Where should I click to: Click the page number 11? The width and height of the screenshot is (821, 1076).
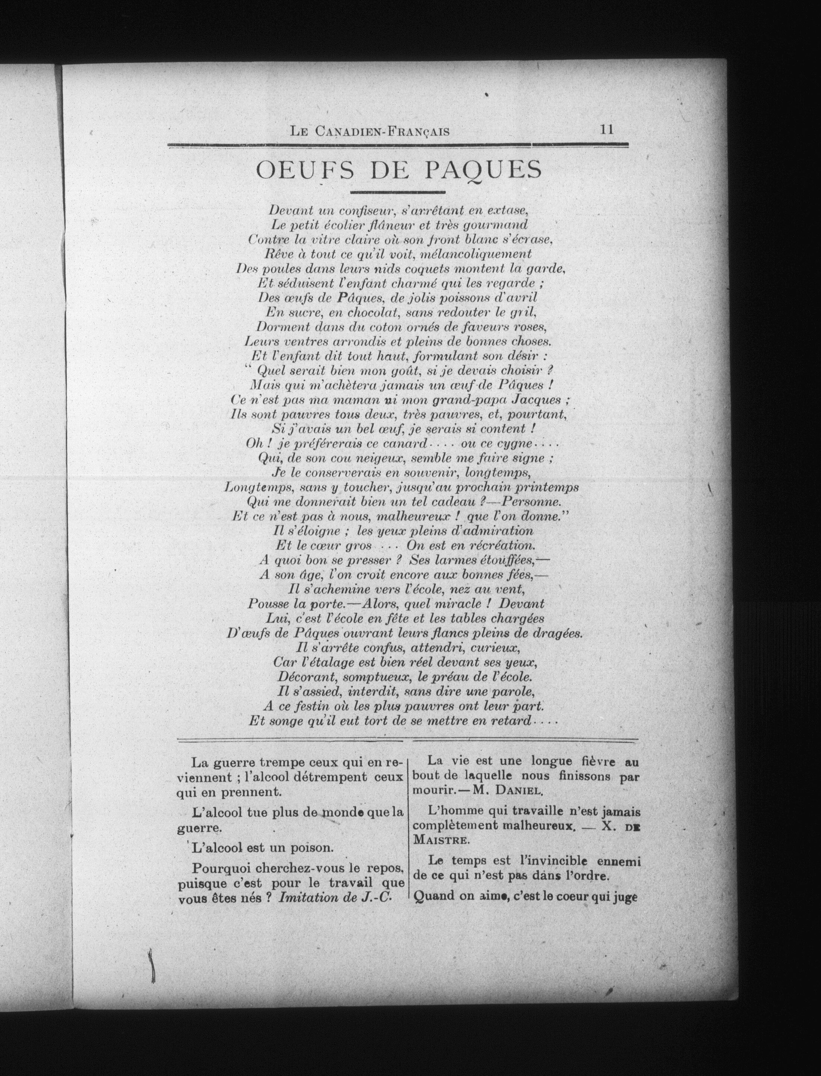pyautogui.click(x=606, y=130)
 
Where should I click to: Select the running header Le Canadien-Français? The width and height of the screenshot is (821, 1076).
pyautogui.click(x=370, y=131)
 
